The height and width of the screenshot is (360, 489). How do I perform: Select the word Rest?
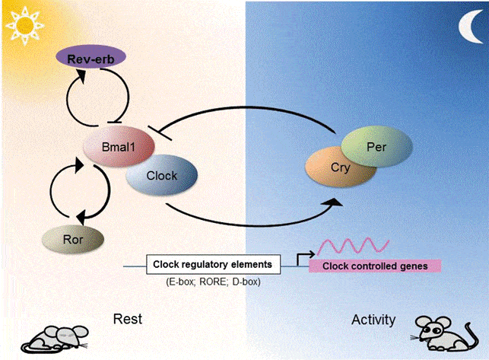[129, 318]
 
